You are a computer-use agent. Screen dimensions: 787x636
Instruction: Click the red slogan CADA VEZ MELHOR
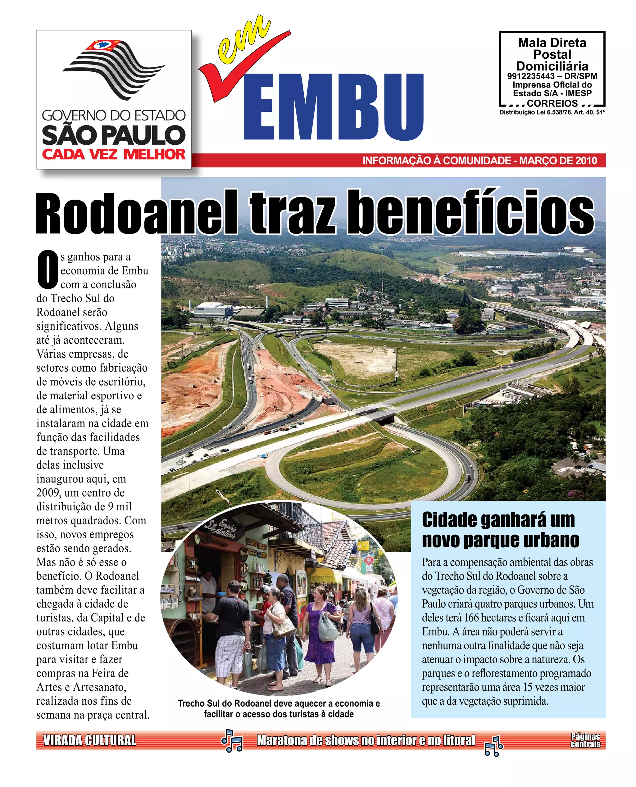click(114, 154)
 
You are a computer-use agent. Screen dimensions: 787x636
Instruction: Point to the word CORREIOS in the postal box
click(552, 103)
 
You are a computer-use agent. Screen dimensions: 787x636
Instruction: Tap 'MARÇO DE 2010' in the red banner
click(558, 161)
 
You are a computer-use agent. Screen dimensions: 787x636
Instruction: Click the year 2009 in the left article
click(49, 493)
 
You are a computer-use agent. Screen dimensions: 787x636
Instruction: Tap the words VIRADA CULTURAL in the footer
click(90, 740)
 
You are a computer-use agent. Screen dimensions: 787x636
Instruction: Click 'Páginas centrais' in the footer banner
click(585, 740)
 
